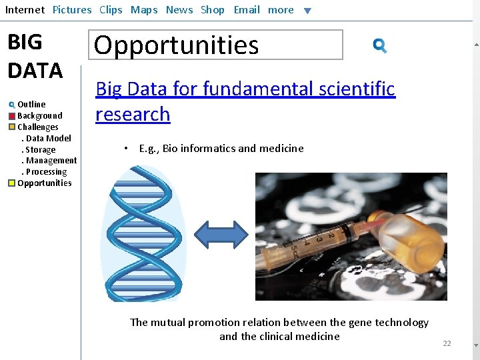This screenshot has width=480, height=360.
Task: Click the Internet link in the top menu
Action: point(25,10)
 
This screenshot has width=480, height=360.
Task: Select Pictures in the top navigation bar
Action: point(72,10)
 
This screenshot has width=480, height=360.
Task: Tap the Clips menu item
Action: point(111,10)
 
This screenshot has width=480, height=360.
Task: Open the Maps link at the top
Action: point(144,10)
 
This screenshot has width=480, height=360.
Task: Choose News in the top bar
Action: point(179,10)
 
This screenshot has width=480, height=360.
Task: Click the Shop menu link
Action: point(213,10)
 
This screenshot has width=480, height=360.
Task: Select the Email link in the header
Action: point(247,10)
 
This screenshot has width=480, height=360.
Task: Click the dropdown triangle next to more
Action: point(307,11)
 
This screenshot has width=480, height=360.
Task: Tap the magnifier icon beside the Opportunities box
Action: point(380,45)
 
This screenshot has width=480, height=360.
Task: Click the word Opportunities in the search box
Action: point(176,45)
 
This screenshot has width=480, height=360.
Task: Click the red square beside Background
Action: point(12,116)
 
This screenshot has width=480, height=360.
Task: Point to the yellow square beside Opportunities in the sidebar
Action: point(12,183)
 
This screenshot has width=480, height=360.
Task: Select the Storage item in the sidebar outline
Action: point(40,149)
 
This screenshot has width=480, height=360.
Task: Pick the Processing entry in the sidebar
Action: point(46,172)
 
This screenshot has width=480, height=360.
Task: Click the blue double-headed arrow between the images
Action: point(221,235)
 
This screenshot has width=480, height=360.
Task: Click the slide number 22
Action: point(447,343)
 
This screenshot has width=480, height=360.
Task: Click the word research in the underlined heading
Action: point(133,114)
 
